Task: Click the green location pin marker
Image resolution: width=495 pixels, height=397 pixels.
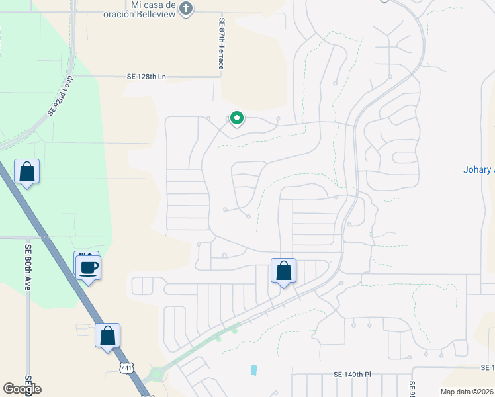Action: pyautogui.click(x=236, y=118)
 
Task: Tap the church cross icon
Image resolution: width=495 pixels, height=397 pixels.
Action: pyautogui.click(x=187, y=9)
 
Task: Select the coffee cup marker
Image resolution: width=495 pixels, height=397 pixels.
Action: pyautogui.click(x=89, y=268)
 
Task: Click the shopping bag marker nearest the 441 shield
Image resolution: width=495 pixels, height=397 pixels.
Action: pyautogui.click(x=108, y=335)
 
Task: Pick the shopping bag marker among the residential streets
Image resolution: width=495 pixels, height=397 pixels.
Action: pyautogui.click(x=283, y=271)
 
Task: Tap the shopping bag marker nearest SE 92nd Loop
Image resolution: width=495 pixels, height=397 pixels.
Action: pyautogui.click(x=27, y=172)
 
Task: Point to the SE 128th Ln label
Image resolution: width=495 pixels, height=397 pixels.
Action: pyautogui.click(x=146, y=77)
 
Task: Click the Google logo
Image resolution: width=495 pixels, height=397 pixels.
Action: pyautogui.click(x=22, y=389)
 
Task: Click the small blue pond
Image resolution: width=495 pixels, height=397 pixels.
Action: pyautogui.click(x=254, y=371)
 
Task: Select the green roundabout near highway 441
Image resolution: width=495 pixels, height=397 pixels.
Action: pyautogui.click(x=157, y=375)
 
